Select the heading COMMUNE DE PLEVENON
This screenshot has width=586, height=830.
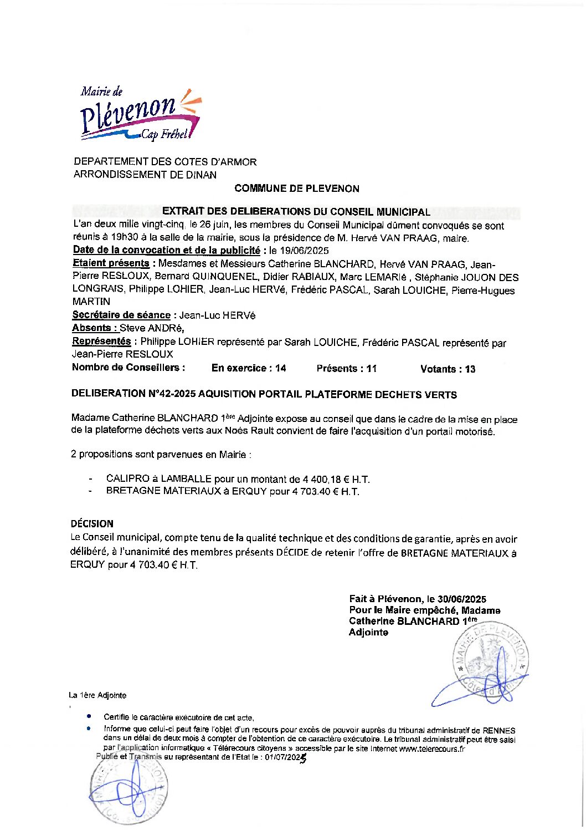[x=296, y=189]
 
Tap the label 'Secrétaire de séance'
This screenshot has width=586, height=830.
[x=121, y=315]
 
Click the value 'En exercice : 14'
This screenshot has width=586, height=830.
[x=249, y=368]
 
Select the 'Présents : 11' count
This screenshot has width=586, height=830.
[x=346, y=369]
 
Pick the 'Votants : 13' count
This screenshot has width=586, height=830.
[x=448, y=369]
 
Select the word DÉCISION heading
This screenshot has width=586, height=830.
[x=92, y=523]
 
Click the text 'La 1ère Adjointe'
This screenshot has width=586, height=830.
[x=97, y=695]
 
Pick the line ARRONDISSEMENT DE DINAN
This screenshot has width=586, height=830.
[x=145, y=175]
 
